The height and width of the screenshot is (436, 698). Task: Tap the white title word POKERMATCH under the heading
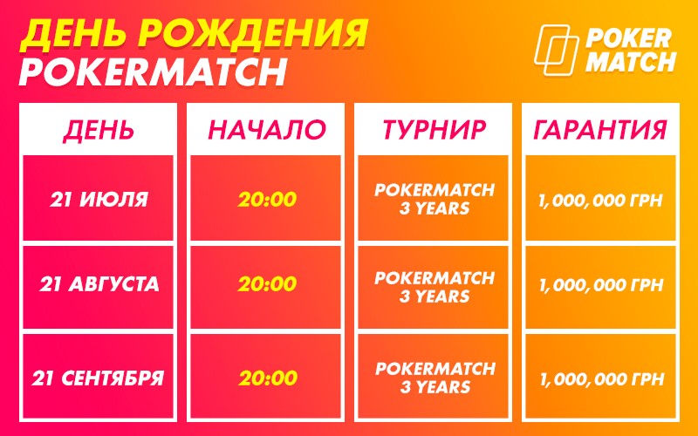click(x=152, y=72)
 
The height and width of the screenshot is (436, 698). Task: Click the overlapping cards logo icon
click(x=556, y=50)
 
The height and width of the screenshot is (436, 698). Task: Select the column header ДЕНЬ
click(x=99, y=129)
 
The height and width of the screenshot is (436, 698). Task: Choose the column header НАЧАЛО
click(x=267, y=129)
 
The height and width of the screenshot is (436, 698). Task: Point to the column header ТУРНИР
click(x=434, y=129)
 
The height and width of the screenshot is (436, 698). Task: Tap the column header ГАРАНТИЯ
click(x=600, y=129)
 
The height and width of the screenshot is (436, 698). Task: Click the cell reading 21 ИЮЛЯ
click(x=99, y=200)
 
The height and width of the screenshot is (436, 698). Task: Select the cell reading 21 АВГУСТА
click(x=99, y=284)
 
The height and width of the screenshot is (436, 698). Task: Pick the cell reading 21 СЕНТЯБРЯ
click(x=98, y=378)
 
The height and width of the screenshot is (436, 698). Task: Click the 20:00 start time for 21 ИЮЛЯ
click(x=267, y=200)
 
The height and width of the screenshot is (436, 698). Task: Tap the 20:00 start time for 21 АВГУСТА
click(x=267, y=284)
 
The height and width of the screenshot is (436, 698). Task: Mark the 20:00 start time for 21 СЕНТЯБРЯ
click(x=268, y=378)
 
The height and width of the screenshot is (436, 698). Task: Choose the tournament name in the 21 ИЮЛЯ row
click(x=435, y=199)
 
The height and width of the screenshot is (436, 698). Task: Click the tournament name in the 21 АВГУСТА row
click(x=435, y=287)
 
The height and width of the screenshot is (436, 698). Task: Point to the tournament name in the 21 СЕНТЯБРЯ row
click(x=435, y=378)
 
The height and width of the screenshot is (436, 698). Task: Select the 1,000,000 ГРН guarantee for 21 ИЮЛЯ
click(x=600, y=201)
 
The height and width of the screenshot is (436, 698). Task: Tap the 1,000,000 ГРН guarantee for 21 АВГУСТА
click(x=601, y=285)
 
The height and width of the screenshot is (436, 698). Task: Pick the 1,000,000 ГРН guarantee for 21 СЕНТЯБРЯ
click(x=602, y=379)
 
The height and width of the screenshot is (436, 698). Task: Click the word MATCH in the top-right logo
click(x=632, y=62)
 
